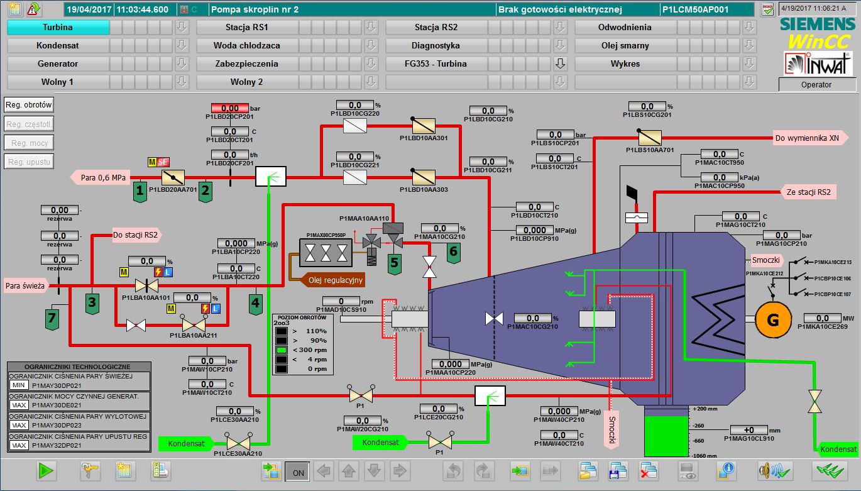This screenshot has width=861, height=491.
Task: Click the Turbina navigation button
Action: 58,27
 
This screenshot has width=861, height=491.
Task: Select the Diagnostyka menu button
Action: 436,45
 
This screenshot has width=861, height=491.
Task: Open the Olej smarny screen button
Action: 625,45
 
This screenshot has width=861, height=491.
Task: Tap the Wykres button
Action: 625,63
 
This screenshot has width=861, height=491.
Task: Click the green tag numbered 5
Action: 395,262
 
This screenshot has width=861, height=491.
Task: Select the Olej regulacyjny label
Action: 335,280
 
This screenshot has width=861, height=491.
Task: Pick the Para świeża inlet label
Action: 25,285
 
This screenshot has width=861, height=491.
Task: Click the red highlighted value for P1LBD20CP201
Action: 230,109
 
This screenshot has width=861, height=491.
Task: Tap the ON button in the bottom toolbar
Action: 297,472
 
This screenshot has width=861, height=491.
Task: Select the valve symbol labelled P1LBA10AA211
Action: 192,324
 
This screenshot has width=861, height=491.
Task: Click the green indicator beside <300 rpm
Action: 282,350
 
